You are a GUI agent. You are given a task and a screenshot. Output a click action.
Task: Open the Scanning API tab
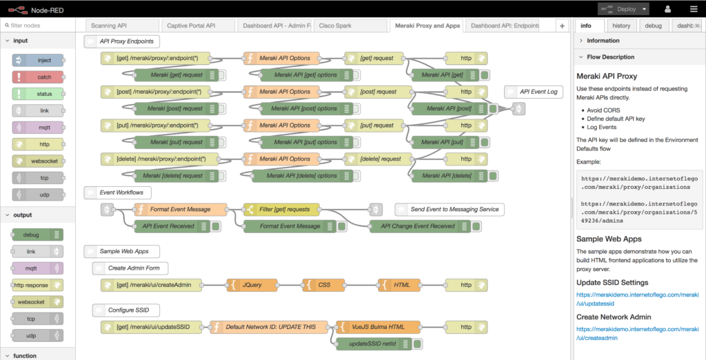pos(119,26)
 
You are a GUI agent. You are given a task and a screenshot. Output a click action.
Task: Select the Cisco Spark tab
pos(334,26)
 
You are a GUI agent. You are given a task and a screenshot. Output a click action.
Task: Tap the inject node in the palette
pos(38,61)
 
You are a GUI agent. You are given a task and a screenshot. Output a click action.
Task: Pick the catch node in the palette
pos(38,77)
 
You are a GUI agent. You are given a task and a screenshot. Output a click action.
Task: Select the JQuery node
pos(252,285)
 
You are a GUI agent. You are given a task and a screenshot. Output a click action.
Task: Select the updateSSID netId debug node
pos(376,343)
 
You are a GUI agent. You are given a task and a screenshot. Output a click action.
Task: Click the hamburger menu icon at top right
pos(693,9)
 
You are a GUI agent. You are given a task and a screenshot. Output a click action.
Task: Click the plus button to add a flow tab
pos(562,26)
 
